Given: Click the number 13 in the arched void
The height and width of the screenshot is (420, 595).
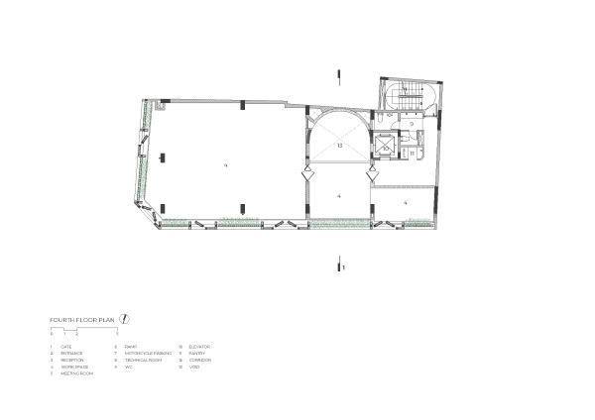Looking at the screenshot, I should click(339, 146).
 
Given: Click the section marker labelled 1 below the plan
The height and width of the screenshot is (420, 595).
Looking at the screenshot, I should click(342, 265).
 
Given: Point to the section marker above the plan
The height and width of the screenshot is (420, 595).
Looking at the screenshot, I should click(342, 74).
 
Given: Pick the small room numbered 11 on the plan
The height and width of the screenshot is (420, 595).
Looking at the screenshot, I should click(411, 154).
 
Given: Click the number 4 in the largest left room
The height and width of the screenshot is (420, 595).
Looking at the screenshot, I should click(226, 163).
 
